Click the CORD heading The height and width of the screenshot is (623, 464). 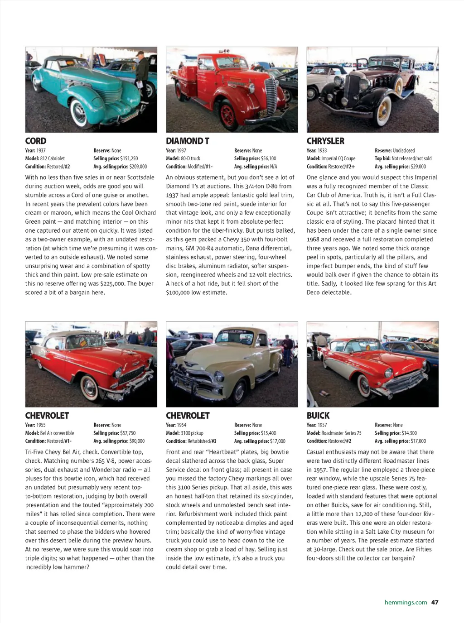[x=36, y=141]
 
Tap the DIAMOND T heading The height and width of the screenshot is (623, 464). [x=187, y=141]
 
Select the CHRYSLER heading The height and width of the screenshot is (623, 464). [x=325, y=141]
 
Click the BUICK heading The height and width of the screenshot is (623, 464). [x=318, y=415]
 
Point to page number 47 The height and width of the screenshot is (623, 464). [x=435, y=602]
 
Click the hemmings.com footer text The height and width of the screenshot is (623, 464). [x=406, y=602]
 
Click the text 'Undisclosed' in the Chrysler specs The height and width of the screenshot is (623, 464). [x=404, y=150]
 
